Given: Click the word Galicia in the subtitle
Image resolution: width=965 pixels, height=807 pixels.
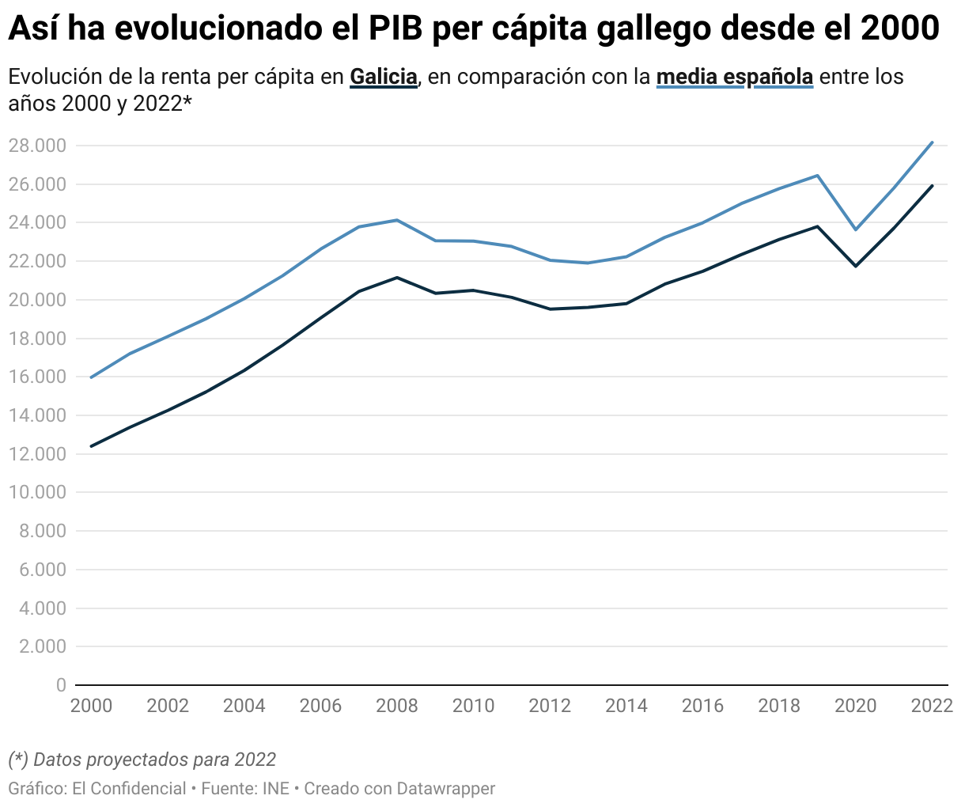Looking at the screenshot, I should (x=383, y=77).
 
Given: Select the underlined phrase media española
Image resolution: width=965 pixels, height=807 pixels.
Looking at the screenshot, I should (x=734, y=77).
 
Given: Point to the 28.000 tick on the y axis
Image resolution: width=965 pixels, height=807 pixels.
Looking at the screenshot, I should (x=37, y=146).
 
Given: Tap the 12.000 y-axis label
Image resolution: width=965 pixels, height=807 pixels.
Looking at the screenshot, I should (x=37, y=454).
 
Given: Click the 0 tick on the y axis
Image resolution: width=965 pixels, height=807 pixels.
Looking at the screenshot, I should (x=61, y=685).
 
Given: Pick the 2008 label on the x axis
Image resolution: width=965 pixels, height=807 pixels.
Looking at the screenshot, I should (x=397, y=706).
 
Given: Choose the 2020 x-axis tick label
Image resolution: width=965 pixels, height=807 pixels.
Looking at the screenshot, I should (x=856, y=706).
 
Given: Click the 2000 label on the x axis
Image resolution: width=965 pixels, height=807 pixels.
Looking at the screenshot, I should (x=92, y=706).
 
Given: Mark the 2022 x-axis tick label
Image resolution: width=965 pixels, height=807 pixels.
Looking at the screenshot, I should (x=932, y=706).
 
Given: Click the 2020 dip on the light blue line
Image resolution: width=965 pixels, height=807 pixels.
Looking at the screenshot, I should (x=856, y=229).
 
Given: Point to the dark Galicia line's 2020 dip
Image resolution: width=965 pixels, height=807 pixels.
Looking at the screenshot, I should (x=856, y=266).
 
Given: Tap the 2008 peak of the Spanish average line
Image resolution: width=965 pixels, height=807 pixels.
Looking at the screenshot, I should (x=397, y=220).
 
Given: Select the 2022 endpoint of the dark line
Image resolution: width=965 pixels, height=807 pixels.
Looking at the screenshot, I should (x=933, y=186).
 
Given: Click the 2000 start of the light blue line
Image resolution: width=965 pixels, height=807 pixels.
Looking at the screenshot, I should (x=92, y=377).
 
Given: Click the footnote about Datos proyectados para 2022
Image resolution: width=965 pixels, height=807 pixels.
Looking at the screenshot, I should (x=142, y=760).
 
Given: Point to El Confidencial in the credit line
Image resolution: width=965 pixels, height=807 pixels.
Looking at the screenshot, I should (x=129, y=789).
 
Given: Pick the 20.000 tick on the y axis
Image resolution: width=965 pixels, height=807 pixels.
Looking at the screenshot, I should (x=37, y=300).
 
